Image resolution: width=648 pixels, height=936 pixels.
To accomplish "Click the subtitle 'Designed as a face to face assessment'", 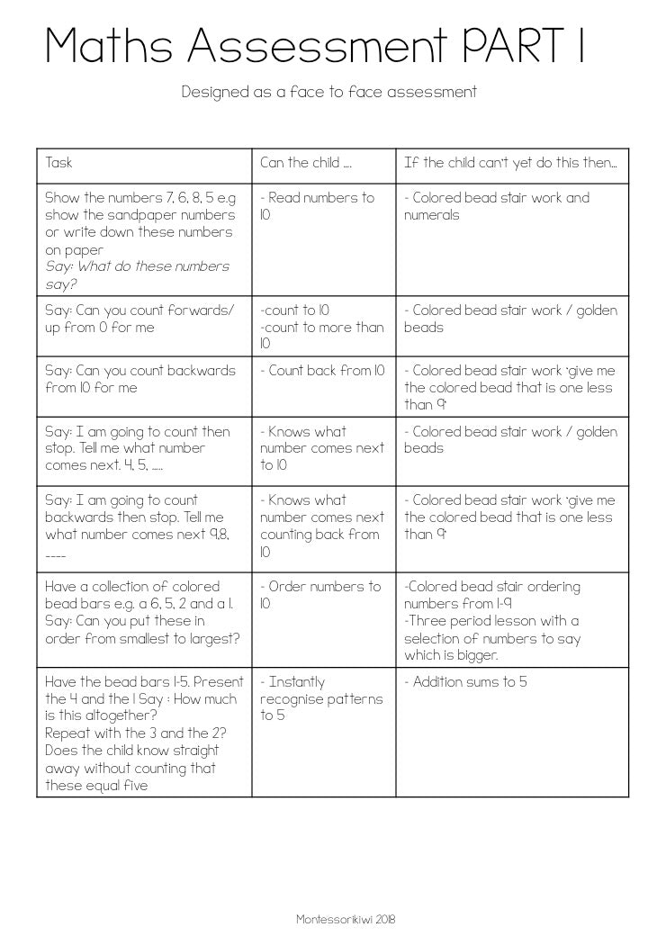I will coord(328,92).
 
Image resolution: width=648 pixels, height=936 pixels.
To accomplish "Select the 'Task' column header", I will coord(58,163).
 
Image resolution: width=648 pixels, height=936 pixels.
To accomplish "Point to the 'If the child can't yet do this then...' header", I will coord(510,163).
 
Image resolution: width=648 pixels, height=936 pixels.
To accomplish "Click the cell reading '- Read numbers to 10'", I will coord(317,206).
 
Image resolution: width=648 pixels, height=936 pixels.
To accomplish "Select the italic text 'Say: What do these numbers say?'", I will coord(137,275).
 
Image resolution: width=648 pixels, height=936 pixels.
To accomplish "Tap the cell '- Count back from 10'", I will coord(322,371).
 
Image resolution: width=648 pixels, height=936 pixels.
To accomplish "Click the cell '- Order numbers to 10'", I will coord(319,595).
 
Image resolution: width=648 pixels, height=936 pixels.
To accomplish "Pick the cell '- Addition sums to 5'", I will coord(465,682).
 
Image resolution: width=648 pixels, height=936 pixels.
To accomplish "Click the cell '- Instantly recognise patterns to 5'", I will coord(320,698).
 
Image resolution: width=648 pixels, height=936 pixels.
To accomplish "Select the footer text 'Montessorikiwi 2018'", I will coord(346,919).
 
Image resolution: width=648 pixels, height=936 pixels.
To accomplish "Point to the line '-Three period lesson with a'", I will coord(491,621).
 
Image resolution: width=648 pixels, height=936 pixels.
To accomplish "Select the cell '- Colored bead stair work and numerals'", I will coord(496,206).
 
